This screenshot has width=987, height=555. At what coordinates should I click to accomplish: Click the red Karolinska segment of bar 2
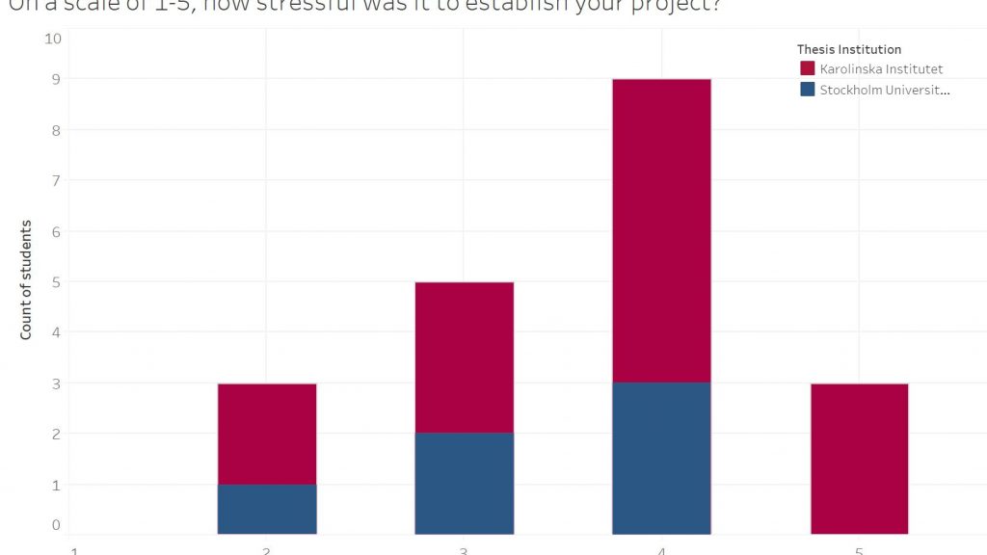[x=267, y=434]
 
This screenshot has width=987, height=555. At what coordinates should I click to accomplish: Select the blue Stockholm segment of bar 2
[x=267, y=509]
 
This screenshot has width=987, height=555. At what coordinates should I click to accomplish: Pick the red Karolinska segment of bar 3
[x=464, y=357]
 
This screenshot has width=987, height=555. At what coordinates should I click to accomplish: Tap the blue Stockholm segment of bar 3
[x=464, y=484]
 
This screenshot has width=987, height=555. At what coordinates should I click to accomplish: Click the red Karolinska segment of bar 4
[x=661, y=230]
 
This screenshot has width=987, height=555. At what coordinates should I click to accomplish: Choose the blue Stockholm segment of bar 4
[x=661, y=458]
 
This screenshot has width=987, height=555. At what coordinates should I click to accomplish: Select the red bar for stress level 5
[x=859, y=459]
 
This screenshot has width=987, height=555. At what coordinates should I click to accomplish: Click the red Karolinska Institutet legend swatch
[x=808, y=69]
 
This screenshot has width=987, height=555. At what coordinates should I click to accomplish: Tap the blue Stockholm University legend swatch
[x=808, y=90]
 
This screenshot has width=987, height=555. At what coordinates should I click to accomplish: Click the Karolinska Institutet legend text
[x=881, y=69]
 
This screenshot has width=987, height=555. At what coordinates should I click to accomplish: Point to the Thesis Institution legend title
[x=849, y=49]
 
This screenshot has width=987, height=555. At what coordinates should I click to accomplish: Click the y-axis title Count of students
[x=26, y=279]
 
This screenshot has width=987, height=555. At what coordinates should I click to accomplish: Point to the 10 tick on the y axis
[x=53, y=39]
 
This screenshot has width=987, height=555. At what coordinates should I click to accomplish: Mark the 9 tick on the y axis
[x=55, y=79]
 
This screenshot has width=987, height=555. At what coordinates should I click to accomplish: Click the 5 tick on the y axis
[x=55, y=281]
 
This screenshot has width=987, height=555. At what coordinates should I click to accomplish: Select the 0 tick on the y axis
[x=55, y=525]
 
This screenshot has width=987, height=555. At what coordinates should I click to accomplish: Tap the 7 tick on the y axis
[x=55, y=180]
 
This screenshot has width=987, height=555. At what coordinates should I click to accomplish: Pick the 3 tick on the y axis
[x=55, y=383]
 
